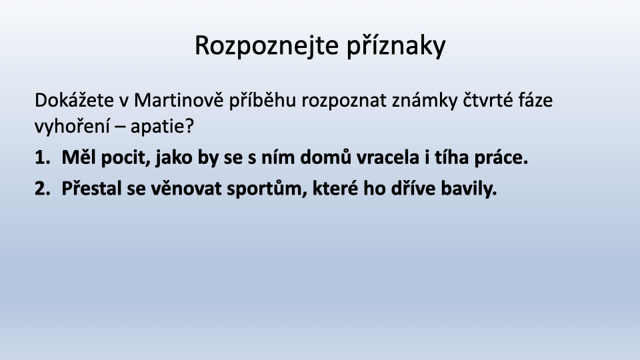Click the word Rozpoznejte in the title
coord(267,45)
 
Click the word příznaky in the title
coord(396,45)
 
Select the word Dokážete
coord(74,100)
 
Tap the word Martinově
coord(179,100)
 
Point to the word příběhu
coord(262,101)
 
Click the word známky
coord(425,100)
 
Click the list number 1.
coord(43,157)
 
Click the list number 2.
coord(43,189)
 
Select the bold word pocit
coord(126,158)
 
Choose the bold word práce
coord(501,158)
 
